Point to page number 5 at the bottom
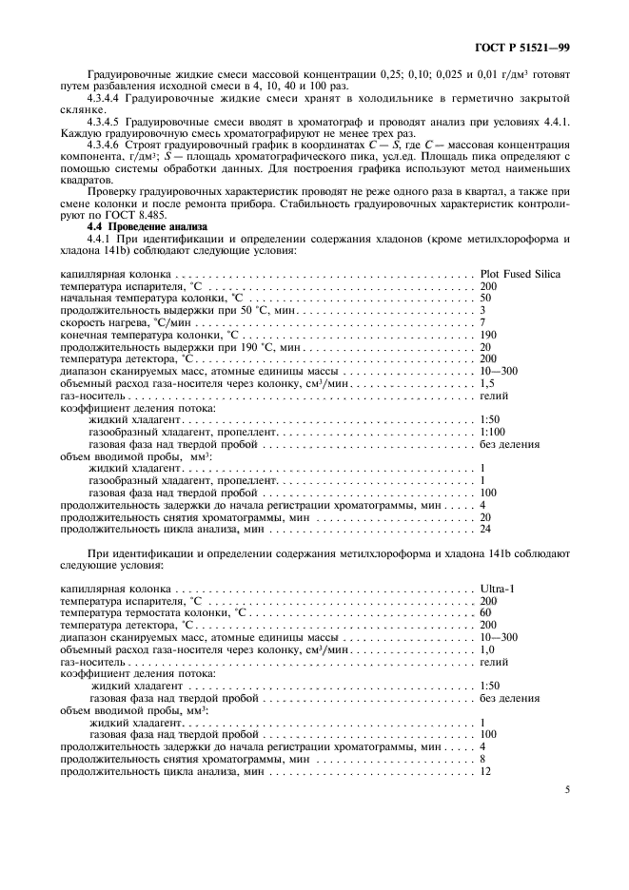[567, 789]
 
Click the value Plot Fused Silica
[520, 274]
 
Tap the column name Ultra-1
[498, 588]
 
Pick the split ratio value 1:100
[493, 431]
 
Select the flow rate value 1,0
[487, 648]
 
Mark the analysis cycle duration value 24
[485, 529]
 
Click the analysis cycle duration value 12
[485, 771]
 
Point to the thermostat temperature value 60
[485, 612]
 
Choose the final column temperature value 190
[488, 336]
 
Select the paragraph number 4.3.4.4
[108, 97]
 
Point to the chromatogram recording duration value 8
[482, 759]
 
